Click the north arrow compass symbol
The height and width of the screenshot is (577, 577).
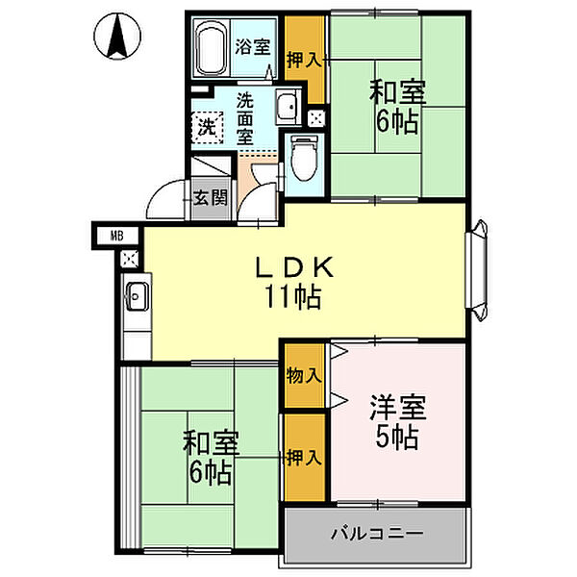[x=117, y=37]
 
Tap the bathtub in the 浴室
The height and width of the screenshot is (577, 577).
[x=211, y=49]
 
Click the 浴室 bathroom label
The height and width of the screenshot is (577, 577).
[x=253, y=47]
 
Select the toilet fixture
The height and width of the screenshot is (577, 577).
[x=304, y=159]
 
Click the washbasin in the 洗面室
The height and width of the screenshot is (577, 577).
[x=288, y=107]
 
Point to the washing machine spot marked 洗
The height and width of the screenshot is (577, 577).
[x=207, y=127]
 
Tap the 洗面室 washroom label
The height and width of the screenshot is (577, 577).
[x=244, y=118]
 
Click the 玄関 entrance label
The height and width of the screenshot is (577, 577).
[x=211, y=198]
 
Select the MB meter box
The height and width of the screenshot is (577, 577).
[x=116, y=236]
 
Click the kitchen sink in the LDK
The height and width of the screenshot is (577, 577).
[x=138, y=296]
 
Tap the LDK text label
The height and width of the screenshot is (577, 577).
[x=295, y=267]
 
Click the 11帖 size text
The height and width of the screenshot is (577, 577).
[x=293, y=296]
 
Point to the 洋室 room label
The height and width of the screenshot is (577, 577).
[x=398, y=408]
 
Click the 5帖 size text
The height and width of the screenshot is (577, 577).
[x=396, y=438]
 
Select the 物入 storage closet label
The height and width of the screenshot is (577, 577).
[x=304, y=376]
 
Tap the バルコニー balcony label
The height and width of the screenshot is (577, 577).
[x=377, y=533]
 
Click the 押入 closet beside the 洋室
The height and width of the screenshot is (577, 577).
[x=304, y=458]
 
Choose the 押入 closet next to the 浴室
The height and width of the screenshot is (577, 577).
[x=304, y=60]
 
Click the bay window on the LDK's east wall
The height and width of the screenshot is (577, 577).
[x=477, y=270]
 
